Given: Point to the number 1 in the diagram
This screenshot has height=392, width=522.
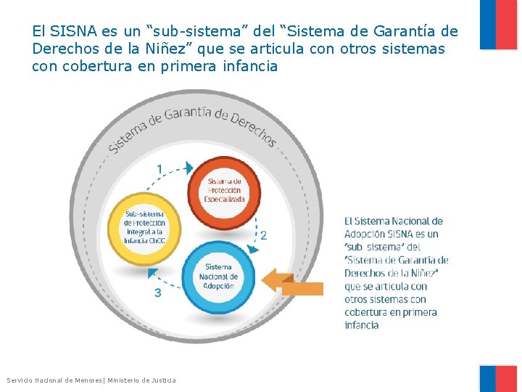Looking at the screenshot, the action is point(159,169).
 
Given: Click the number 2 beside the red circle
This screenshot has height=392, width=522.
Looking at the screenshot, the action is point(263,235).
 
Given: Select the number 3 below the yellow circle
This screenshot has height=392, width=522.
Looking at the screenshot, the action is point(158,293).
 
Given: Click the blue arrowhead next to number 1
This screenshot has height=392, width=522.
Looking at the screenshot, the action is point(189,168).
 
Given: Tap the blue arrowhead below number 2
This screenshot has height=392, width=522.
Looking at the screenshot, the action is point(252,248).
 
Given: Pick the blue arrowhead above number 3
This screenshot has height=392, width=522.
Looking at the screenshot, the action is point(153,274).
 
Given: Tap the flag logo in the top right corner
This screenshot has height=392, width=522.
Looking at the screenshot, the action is point(498,25).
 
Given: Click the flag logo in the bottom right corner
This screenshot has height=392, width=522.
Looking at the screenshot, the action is point(498,378).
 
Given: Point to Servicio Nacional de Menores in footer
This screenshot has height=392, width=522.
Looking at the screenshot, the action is point(55,380).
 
